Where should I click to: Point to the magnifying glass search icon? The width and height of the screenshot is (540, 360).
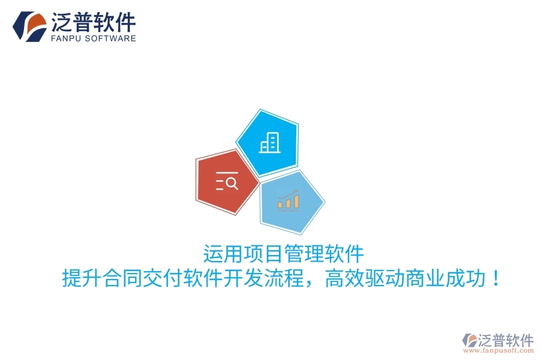pyautogui.click(x=227, y=181)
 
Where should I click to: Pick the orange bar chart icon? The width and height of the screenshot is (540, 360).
pyautogui.click(x=288, y=200)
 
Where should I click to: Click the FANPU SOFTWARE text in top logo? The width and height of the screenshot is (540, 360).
pyautogui.click(x=94, y=38)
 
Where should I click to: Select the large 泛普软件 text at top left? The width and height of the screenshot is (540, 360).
pyautogui.click(x=94, y=22)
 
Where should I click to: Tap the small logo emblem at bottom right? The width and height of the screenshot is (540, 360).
pyautogui.click(x=469, y=340)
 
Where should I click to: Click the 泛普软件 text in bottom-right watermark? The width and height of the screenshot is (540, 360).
pyautogui.click(x=506, y=340)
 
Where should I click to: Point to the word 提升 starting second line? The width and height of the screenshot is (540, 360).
pyautogui.click(x=82, y=278)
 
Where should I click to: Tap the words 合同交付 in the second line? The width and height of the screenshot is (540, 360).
pyautogui.click(x=143, y=278)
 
